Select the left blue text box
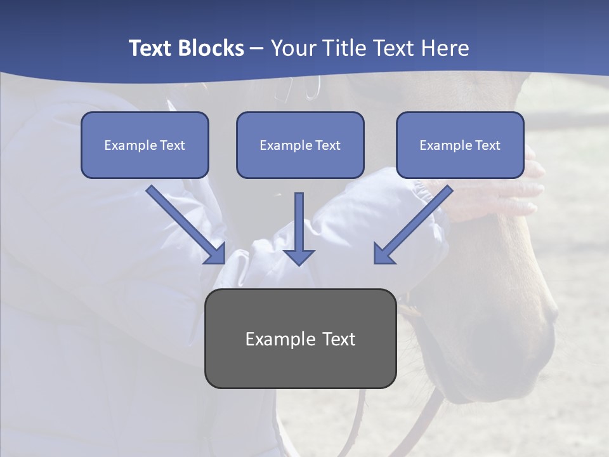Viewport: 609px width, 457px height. pyautogui.click(x=145, y=145)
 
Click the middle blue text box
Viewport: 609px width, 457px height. pyautogui.click(x=300, y=145)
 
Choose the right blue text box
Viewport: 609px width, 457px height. pyautogui.click(x=460, y=145)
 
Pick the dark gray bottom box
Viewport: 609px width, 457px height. pyautogui.click(x=301, y=338)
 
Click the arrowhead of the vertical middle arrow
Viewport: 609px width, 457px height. pyautogui.click(x=299, y=256)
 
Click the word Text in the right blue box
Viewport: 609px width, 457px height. pyautogui.click(x=487, y=145)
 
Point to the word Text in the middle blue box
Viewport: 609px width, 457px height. pyautogui.click(x=327, y=145)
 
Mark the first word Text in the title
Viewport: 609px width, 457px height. pyautogui.click(x=151, y=48)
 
